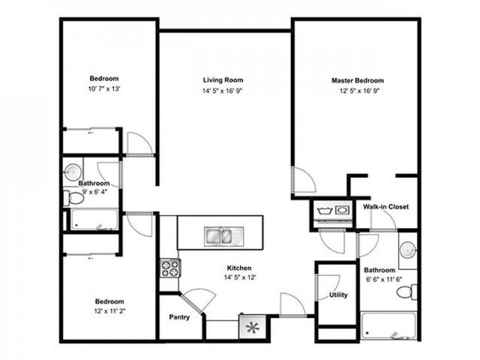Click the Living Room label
tap(223, 80)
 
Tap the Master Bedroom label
tap(357, 80)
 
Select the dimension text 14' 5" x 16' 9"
tap(223, 91)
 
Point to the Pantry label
tap(179, 317)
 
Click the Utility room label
tap(338, 296)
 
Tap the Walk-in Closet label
tap(385, 207)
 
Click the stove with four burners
tap(169, 267)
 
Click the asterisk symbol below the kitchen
tap(251, 325)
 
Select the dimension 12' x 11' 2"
tap(109, 313)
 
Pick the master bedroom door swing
tap(304, 181)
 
